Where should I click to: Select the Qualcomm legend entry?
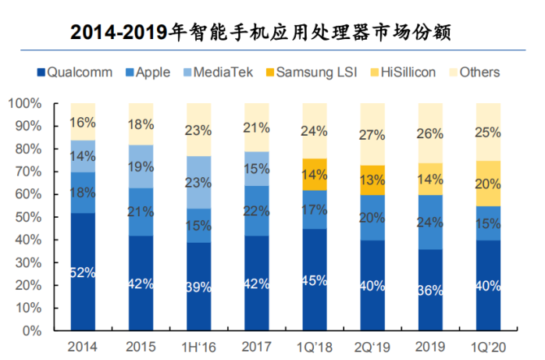79,73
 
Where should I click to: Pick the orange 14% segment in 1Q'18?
314,174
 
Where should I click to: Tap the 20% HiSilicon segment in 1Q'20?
488,184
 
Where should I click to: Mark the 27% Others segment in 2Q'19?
372,134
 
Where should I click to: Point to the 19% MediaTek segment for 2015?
141,166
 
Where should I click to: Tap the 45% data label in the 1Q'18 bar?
314,280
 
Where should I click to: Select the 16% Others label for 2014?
83,122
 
